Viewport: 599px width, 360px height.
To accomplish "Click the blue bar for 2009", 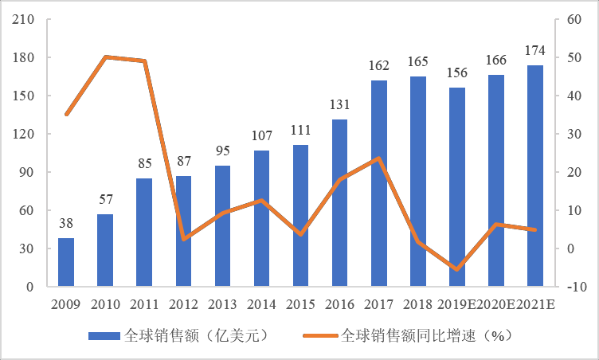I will [x=66, y=262].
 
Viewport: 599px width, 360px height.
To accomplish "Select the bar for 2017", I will [x=379, y=183].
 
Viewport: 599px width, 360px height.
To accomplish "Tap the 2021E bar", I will [x=535, y=176].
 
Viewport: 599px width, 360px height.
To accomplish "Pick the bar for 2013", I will [x=222, y=226].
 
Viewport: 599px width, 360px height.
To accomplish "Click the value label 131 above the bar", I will [x=340, y=104].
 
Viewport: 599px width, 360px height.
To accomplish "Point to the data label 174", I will [x=535, y=51].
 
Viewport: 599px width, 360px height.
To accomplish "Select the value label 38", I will [x=66, y=223].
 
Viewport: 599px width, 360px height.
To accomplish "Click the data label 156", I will [x=457, y=73].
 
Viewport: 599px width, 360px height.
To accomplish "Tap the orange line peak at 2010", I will [x=105, y=57].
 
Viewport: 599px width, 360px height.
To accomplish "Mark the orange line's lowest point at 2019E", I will [x=457, y=270].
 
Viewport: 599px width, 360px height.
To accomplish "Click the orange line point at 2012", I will [x=183, y=239].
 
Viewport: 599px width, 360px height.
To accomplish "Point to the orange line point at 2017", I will [x=379, y=158].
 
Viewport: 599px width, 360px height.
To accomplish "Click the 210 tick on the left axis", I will [x=23, y=19].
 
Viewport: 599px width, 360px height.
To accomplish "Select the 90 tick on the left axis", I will [x=26, y=172].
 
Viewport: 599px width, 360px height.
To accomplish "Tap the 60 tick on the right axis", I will [x=574, y=19].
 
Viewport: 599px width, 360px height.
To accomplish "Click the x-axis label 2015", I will [x=300, y=304].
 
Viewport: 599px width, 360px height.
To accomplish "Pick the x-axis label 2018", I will [x=418, y=304].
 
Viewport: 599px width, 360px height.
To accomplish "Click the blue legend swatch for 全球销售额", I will [x=103, y=335].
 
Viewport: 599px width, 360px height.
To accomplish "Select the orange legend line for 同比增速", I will [x=319, y=335].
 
